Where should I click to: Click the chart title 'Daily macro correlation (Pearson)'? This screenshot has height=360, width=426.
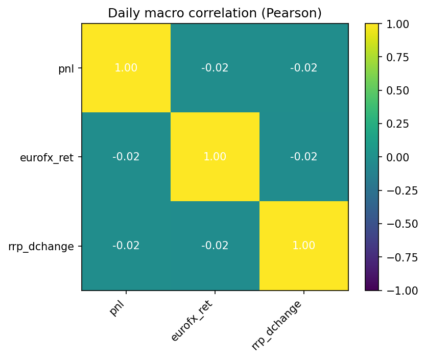point(215,13)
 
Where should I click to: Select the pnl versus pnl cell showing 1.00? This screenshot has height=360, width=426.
point(126,68)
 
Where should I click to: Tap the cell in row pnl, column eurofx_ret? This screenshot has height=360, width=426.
point(215,68)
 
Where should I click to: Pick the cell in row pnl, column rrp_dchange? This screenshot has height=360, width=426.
point(304,68)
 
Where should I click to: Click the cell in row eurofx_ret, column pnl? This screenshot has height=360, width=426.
point(126,157)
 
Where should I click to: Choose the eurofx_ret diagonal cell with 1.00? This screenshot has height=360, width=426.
point(215,157)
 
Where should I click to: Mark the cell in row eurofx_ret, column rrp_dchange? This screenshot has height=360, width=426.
point(304,157)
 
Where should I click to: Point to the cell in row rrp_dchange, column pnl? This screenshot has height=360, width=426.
point(126,246)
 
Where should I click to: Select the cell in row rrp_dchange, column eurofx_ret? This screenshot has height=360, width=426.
point(215,246)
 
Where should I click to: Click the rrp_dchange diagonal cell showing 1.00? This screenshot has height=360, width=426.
point(304,246)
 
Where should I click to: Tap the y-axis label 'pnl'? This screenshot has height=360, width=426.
point(66,68)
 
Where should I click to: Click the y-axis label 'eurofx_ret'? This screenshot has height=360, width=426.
point(46,157)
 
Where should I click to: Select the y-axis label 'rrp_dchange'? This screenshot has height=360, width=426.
point(41,246)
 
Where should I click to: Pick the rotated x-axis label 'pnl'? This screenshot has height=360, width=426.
point(118,308)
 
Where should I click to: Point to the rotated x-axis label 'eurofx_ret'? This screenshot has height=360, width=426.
point(192,321)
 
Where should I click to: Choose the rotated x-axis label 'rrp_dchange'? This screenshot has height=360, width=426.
point(276,325)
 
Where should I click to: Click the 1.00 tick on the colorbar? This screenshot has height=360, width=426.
point(399,23)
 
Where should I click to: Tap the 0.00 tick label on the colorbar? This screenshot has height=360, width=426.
point(399,157)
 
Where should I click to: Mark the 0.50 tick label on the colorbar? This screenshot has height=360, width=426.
point(399,90)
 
